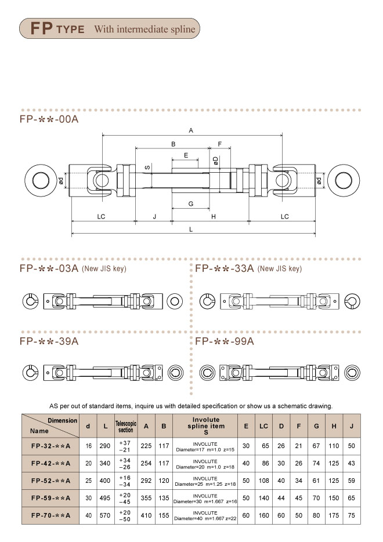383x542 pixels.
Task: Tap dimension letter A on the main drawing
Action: tap(191, 130)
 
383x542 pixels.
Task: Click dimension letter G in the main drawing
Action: tap(190, 203)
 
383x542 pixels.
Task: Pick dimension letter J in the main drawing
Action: tap(154, 216)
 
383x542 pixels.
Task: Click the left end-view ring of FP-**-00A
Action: tap(41, 180)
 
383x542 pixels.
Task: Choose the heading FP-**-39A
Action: tap(49, 341)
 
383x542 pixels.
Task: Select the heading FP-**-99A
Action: tap(225, 341)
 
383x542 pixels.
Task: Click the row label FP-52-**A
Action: tap(50, 481)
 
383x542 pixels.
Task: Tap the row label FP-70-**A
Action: tap(50, 515)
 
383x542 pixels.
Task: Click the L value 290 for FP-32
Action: tap(104, 446)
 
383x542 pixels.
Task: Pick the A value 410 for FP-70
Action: tap(146, 515)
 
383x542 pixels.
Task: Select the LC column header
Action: tap(263, 426)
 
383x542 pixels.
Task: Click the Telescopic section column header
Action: tap(126, 426)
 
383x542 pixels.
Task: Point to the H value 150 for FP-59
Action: tap(335, 498)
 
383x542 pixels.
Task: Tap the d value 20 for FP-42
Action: tap(88, 463)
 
